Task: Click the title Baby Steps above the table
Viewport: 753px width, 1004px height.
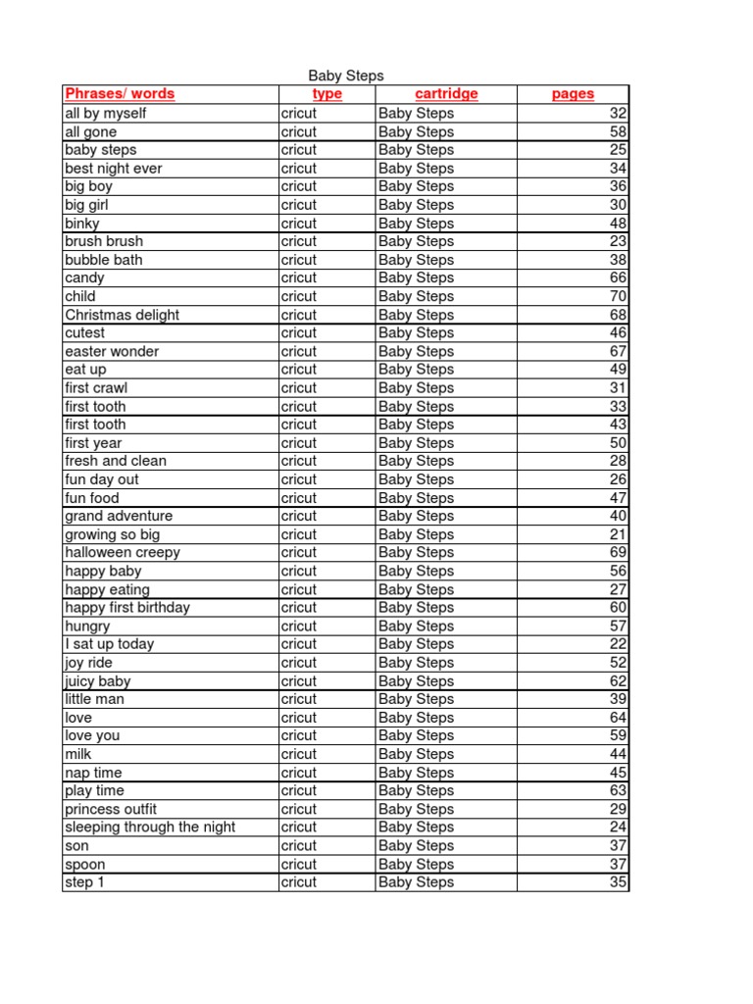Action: point(346,75)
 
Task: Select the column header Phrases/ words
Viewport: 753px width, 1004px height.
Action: point(120,94)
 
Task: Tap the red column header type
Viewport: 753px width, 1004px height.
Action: point(326,94)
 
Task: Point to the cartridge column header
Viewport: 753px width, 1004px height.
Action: point(446,94)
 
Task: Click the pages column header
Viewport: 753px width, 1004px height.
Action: point(573,94)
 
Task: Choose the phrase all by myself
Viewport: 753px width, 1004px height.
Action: point(105,113)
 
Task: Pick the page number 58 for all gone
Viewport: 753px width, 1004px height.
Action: point(618,131)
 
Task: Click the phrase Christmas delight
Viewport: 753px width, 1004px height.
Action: point(122,315)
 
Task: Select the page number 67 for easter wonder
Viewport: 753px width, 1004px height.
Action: point(618,351)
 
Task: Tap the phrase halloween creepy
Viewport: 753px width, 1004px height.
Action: point(123,552)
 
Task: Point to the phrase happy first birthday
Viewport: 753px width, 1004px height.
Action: point(127,607)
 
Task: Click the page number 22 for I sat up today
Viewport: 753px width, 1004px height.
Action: point(618,644)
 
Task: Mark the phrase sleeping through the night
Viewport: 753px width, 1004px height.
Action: point(150,827)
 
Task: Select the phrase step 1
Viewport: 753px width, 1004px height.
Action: point(79,881)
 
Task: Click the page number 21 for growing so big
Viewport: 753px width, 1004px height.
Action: point(618,534)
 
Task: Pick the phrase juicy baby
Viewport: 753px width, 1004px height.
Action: point(97,680)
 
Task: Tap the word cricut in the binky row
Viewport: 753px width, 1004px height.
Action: point(299,223)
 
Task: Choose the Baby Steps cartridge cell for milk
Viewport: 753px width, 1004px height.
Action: point(416,754)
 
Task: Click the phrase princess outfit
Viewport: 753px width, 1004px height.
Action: point(111,809)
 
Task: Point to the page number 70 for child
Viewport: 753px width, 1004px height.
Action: point(618,296)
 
